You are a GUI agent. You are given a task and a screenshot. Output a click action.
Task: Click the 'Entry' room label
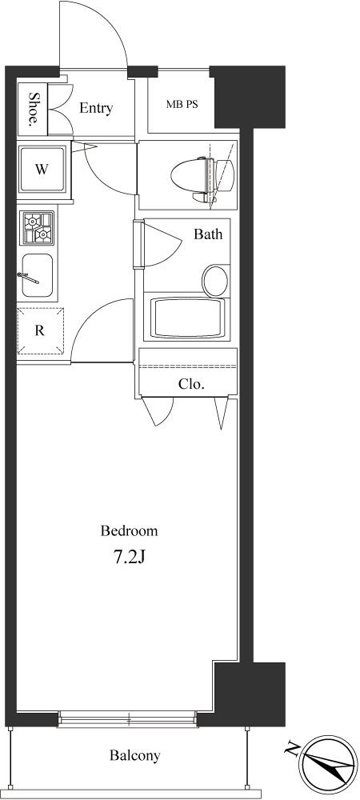(96, 108)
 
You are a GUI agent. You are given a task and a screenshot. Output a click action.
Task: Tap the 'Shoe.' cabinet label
(34, 109)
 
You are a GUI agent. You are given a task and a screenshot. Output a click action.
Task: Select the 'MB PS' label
(182, 105)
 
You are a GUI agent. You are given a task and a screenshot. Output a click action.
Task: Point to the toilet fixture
(202, 174)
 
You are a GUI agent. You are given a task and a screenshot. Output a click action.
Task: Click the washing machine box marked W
(42, 170)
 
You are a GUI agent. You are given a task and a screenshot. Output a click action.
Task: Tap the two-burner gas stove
(38, 227)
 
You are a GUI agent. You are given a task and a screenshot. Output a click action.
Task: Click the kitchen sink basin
(38, 275)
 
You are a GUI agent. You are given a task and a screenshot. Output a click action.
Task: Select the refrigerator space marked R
(40, 330)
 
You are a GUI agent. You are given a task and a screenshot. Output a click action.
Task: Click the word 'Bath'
(208, 234)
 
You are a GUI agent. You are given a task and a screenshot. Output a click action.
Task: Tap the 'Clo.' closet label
(191, 384)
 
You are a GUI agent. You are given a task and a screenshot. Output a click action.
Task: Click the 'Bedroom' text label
(129, 531)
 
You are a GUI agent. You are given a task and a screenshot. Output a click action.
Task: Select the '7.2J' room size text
(130, 558)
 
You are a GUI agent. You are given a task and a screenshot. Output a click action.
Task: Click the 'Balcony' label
(135, 755)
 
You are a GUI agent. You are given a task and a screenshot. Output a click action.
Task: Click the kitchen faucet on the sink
(29, 278)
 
